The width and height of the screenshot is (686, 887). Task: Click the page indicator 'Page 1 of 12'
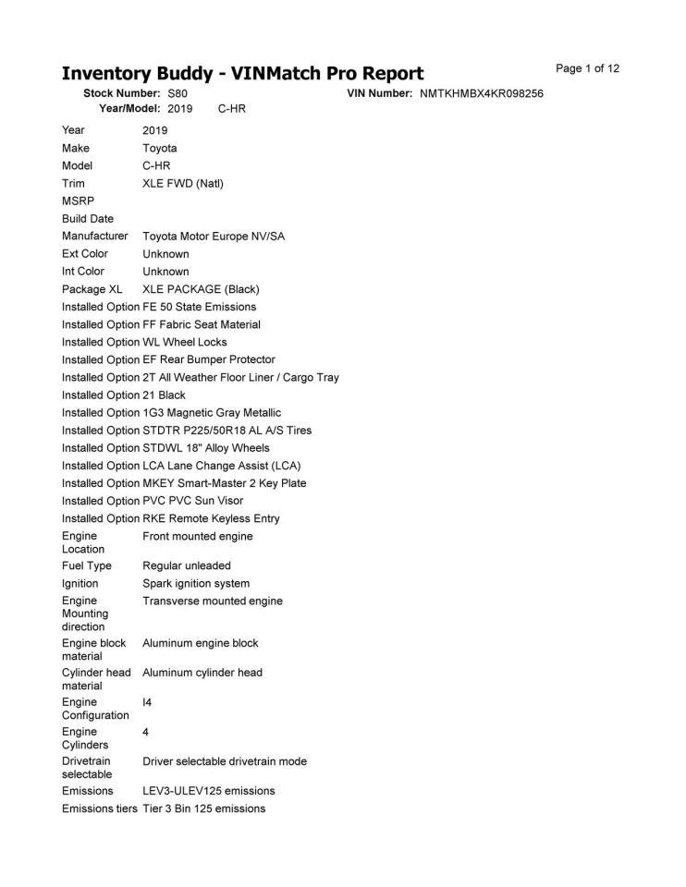(587, 68)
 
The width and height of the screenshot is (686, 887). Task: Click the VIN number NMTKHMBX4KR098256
(481, 94)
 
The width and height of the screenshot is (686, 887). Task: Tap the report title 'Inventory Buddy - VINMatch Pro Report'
(242, 74)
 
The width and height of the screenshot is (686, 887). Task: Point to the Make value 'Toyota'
(160, 148)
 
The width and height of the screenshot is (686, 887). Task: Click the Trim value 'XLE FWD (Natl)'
(183, 183)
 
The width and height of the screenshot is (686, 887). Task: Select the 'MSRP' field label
(78, 200)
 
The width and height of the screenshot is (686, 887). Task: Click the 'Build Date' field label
(88, 219)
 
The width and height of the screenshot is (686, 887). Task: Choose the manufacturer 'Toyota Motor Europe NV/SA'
(214, 237)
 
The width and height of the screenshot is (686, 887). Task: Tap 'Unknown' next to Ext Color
(165, 254)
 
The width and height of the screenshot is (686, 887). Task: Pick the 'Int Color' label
(83, 272)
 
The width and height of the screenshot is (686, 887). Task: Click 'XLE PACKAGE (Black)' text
(202, 289)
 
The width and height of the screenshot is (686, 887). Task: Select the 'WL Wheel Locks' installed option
(185, 342)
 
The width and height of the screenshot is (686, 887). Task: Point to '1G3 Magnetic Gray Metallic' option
(212, 413)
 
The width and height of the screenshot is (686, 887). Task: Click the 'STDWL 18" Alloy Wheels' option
(206, 448)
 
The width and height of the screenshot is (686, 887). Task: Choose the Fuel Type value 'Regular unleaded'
(187, 565)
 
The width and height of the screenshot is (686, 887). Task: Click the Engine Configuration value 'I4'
(147, 702)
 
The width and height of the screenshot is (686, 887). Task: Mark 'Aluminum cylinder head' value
(202, 673)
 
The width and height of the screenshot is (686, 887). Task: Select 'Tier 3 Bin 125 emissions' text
(204, 808)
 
